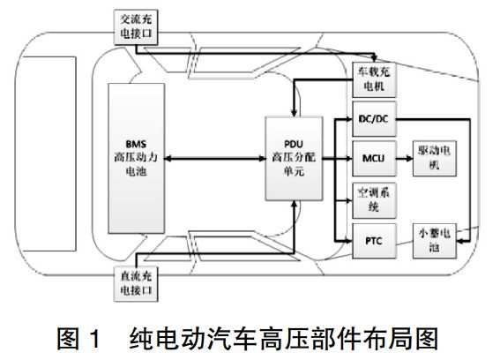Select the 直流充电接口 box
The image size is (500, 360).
click(x=137, y=281)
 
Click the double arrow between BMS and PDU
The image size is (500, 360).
click(x=213, y=156)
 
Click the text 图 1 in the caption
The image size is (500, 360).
click(x=80, y=338)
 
